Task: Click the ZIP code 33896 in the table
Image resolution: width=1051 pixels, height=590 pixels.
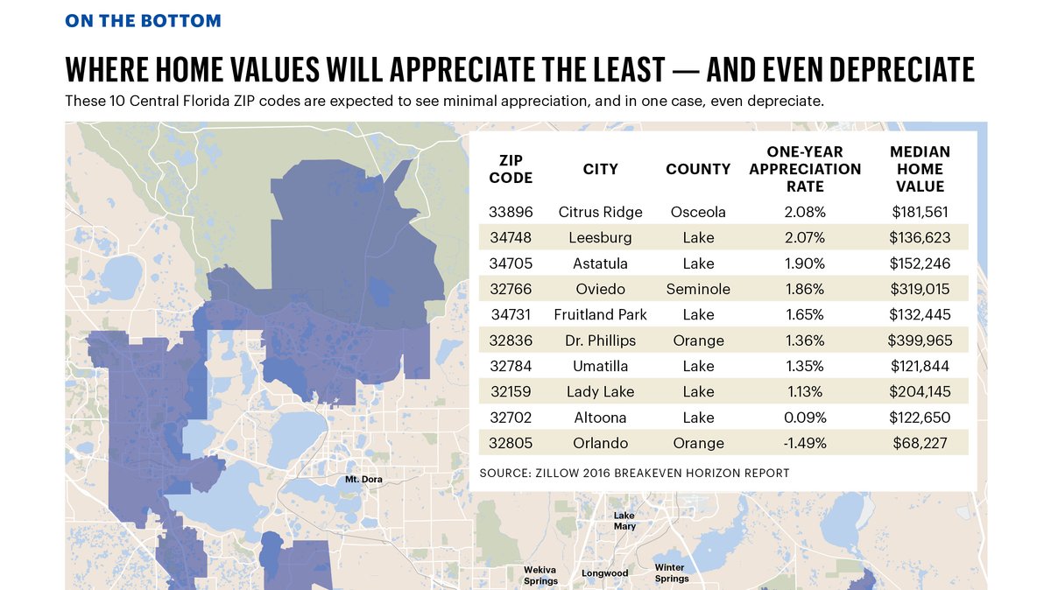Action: (510, 212)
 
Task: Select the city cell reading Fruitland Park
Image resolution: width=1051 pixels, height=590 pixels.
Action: (600, 314)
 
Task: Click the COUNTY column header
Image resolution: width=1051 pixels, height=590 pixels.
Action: (698, 169)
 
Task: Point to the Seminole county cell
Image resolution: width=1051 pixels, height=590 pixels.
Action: (698, 289)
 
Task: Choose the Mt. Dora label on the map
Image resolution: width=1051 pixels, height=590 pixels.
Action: (363, 479)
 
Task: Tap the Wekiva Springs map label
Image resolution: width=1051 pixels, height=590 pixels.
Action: (540, 575)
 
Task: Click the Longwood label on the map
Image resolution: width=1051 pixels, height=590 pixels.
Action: (605, 573)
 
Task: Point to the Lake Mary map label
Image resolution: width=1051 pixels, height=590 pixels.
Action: (624, 521)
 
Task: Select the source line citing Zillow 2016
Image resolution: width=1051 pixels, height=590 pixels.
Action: (634, 474)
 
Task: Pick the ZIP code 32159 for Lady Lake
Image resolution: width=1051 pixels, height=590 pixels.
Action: (510, 391)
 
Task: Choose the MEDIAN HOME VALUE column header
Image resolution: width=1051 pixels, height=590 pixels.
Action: (920, 169)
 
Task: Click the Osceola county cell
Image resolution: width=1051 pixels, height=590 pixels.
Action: (698, 212)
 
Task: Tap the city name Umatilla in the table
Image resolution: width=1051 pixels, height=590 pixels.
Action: (600, 366)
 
